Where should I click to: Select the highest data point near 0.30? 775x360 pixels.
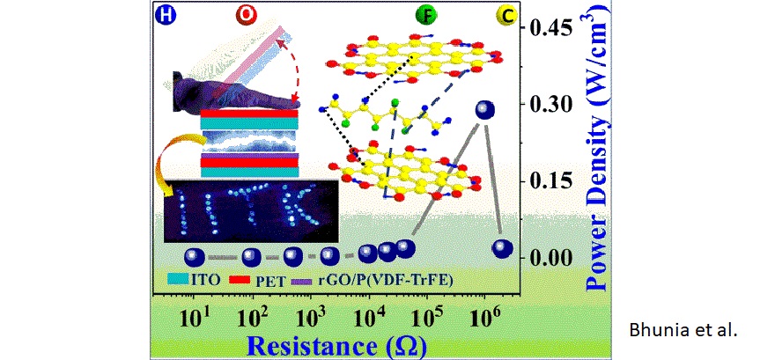(x=485, y=110)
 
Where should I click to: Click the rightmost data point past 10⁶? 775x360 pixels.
(x=503, y=248)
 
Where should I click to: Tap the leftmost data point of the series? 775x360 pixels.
(x=194, y=257)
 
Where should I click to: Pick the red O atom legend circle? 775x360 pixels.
(x=246, y=17)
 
